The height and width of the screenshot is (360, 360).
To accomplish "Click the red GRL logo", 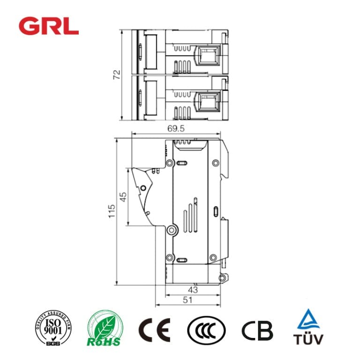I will click(49, 26).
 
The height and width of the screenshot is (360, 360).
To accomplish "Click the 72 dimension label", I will click(117, 75).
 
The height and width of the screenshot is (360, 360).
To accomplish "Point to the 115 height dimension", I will click(111, 211).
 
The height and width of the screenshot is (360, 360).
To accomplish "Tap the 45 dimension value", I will click(123, 197).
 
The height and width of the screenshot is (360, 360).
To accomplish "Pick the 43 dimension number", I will click(192, 290).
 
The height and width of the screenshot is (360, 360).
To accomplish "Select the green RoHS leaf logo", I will click(105, 329).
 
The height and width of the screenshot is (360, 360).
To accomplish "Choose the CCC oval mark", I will click(206, 330).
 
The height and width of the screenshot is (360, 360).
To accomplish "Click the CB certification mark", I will click(257, 330).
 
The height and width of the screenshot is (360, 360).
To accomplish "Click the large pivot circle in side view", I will click(172, 230).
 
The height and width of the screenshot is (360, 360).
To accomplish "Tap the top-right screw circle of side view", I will click(215, 163).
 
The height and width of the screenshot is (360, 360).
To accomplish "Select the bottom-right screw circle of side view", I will click(213, 257).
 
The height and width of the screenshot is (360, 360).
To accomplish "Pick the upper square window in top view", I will click(206, 55).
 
